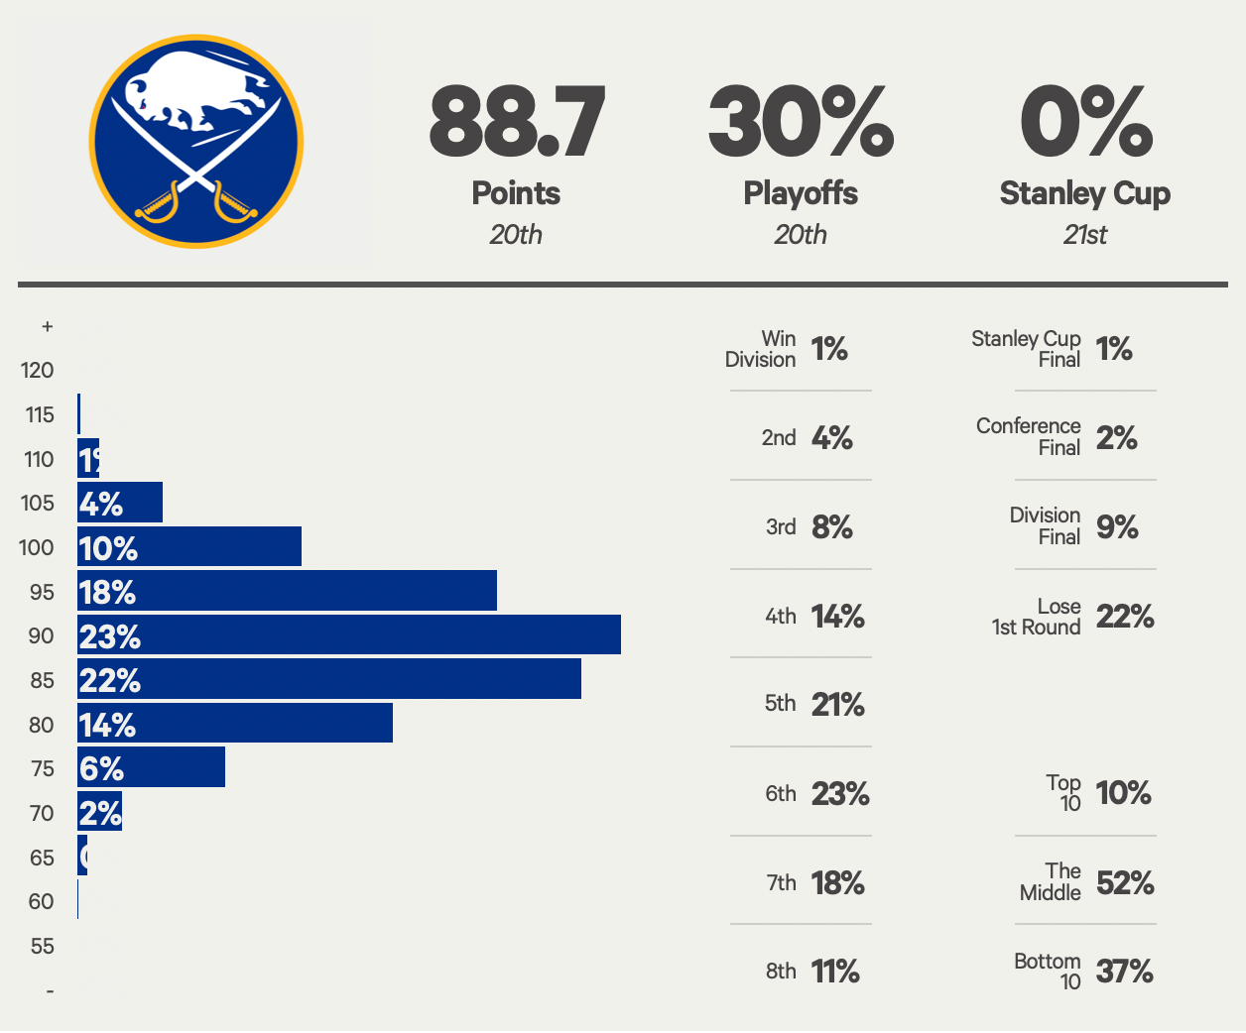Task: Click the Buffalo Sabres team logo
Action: (x=196, y=142)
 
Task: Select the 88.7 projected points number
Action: (x=516, y=122)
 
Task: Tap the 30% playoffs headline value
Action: (x=801, y=122)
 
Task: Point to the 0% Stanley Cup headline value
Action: (x=1085, y=122)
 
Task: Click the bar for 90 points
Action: (x=349, y=634)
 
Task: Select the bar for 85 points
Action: (x=329, y=679)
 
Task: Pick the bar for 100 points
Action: (x=189, y=546)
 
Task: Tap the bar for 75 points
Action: (x=151, y=767)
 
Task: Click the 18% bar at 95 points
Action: (x=287, y=591)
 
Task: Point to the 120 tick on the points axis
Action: (x=38, y=371)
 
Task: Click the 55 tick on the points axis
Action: (x=42, y=946)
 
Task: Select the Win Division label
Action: (x=761, y=349)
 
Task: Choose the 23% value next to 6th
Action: (x=840, y=793)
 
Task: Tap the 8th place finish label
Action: (x=781, y=971)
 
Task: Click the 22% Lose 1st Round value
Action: (x=1125, y=617)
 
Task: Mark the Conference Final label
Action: (x=1029, y=436)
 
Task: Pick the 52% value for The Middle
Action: (x=1125, y=882)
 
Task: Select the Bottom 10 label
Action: (x=1048, y=972)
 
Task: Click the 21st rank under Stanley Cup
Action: (x=1084, y=235)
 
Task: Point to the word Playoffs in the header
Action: (x=801, y=192)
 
